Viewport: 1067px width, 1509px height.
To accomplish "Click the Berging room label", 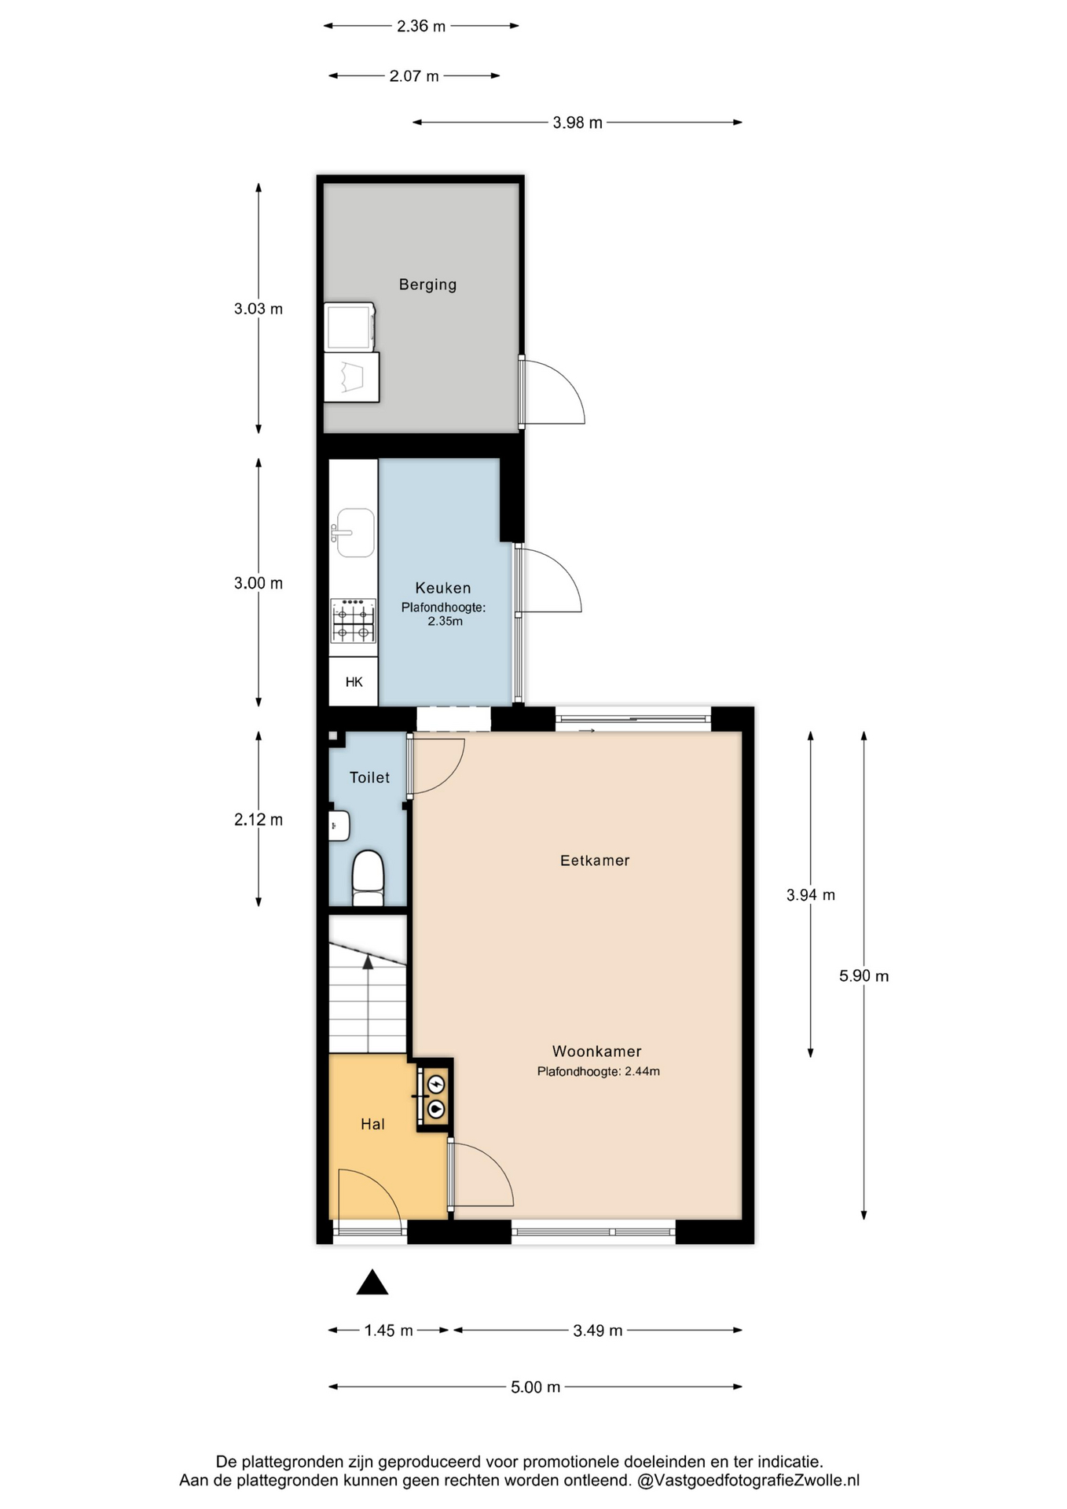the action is pyautogui.click(x=427, y=285).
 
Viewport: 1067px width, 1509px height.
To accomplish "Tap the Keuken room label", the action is pyautogui.click(x=443, y=588).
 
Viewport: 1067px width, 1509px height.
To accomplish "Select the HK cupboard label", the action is pyautogui.click(x=354, y=682).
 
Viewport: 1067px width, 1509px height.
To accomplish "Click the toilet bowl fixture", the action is pyautogui.click(x=368, y=878).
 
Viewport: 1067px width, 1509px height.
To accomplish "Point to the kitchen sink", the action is pyautogui.click(x=354, y=532).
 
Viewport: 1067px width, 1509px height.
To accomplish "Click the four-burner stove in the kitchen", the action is pyautogui.click(x=353, y=621).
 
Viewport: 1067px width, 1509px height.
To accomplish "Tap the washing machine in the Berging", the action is pyautogui.click(x=350, y=327).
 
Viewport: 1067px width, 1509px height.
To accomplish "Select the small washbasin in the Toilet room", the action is pyautogui.click(x=339, y=826).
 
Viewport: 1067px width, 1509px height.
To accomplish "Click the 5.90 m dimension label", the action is pyautogui.click(x=863, y=976).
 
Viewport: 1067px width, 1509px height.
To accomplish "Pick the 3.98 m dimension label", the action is pyautogui.click(x=577, y=123).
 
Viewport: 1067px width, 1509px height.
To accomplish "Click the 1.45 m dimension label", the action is pyautogui.click(x=388, y=1331).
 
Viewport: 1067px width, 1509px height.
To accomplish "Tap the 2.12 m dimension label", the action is pyautogui.click(x=258, y=820).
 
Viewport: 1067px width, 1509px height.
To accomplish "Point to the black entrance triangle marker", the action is pyautogui.click(x=372, y=1283).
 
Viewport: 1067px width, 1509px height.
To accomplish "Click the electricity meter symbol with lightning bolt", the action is pyautogui.click(x=435, y=1085).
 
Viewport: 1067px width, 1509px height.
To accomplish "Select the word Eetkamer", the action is pyautogui.click(x=595, y=861).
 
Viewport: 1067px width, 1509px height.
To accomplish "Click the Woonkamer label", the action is pyautogui.click(x=597, y=1052).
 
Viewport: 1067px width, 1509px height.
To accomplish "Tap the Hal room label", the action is pyautogui.click(x=372, y=1125).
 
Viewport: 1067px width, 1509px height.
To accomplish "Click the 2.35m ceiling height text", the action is pyautogui.click(x=445, y=621).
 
